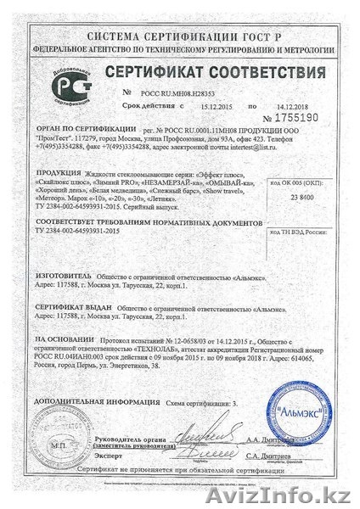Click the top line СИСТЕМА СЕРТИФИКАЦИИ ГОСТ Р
click(180, 14)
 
